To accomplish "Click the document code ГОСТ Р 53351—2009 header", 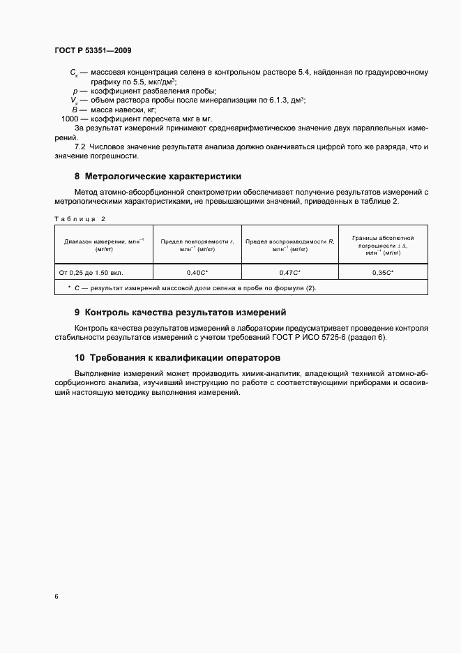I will [x=93, y=50].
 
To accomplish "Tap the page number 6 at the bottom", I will [x=56, y=596].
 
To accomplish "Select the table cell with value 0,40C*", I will [x=197, y=273].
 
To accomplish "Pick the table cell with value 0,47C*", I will [x=289, y=273].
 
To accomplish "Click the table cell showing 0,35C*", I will [x=383, y=273].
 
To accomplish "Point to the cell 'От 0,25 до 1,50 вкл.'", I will [x=96, y=273].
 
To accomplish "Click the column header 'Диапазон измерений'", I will [x=103, y=244].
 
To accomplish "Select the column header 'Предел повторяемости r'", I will [x=197, y=244].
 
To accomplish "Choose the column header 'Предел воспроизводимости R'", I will [x=289, y=244].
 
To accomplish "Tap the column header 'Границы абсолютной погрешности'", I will [x=383, y=244].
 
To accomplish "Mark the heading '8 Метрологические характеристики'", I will [x=158, y=176].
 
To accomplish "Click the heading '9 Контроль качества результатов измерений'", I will [x=180, y=313].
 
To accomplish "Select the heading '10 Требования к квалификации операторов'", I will [x=172, y=357].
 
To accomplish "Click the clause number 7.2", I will [x=80, y=147].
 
